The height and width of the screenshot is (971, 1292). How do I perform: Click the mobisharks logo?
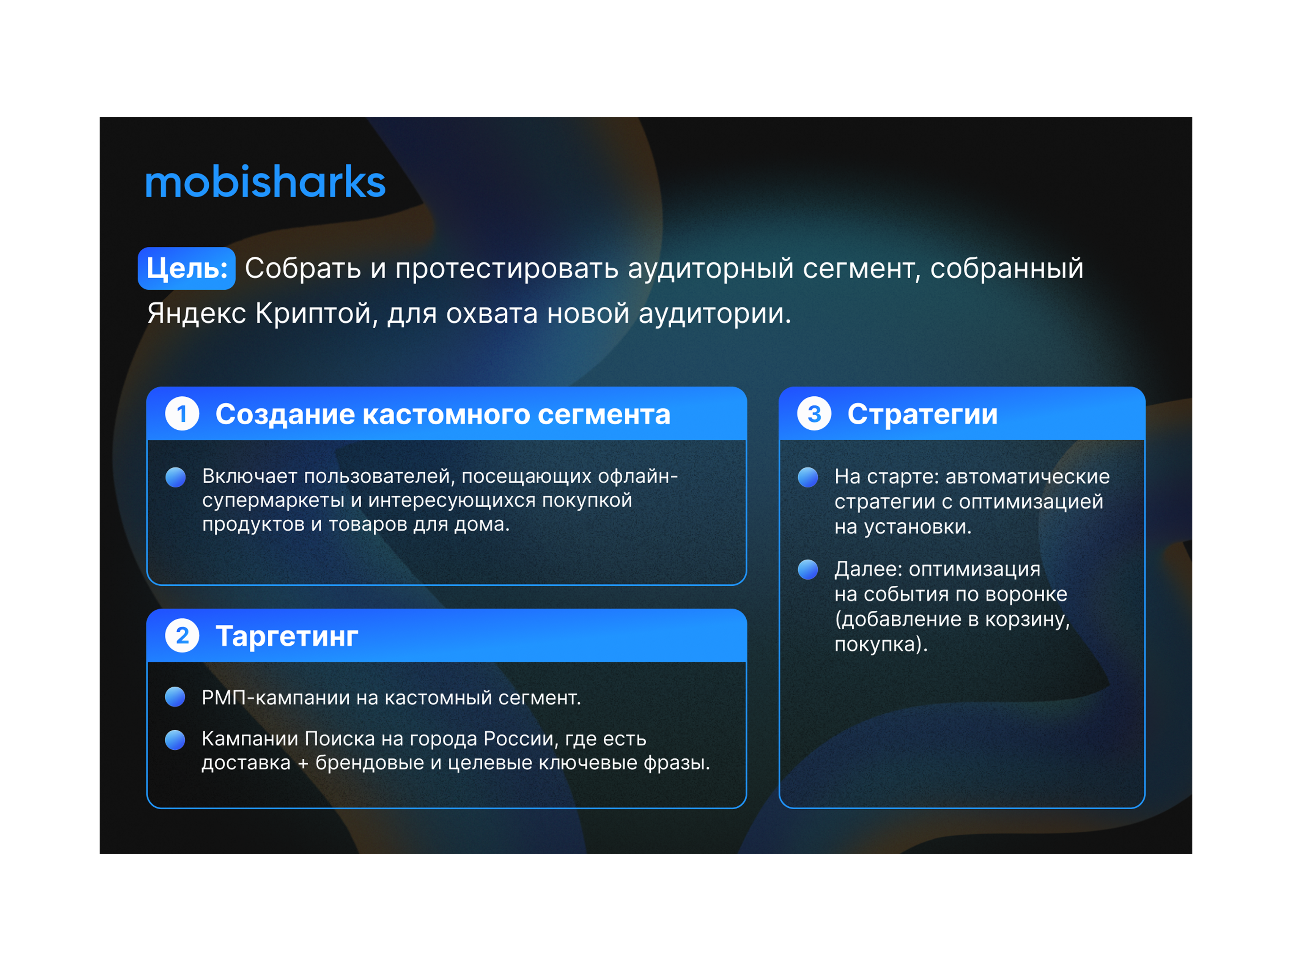tap(265, 182)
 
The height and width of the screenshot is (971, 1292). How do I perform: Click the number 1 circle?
tap(182, 414)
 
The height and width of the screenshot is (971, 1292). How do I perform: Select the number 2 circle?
tap(182, 636)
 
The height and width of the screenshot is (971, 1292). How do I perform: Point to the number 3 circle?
tap(814, 414)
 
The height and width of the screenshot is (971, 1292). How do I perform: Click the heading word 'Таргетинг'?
tap(287, 636)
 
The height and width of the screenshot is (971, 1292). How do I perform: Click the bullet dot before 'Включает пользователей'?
tap(176, 477)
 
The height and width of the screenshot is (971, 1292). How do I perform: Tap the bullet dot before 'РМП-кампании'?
tap(175, 697)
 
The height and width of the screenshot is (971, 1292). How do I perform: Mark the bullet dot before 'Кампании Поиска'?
tap(175, 740)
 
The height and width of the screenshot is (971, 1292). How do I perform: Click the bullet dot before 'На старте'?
tap(808, 477)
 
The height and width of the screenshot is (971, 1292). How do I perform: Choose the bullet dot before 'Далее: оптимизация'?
tap(808, 569)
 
